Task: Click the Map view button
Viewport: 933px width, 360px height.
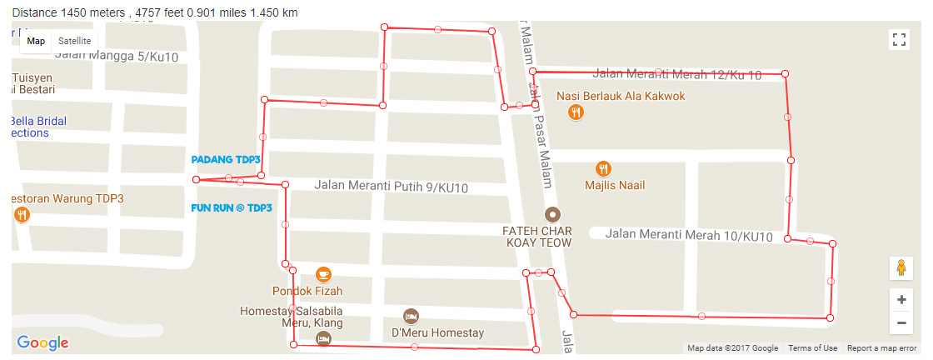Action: tap(36, 41)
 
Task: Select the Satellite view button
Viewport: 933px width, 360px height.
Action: tap(75, 41)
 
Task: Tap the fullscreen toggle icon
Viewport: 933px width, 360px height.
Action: tap(899, 39)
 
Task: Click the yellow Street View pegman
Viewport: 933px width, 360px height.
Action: tap(900, 268)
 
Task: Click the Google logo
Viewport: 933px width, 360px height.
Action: tap(42, 342)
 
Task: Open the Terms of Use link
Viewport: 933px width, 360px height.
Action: tap(812, 348)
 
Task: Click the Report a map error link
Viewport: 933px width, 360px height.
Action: tap(881, 348)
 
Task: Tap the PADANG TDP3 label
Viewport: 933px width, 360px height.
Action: tap(226, 159)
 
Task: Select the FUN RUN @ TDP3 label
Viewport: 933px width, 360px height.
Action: tap(232, 207)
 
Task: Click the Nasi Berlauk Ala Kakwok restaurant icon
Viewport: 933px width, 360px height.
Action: tap(575, 112)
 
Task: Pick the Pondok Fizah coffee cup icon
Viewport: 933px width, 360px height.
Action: tap(323, 273)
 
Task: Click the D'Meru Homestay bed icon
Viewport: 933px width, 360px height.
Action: tap(410, 316)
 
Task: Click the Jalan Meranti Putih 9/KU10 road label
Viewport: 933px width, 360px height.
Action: tap(391, 187)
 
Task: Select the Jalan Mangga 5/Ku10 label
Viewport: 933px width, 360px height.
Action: tap(117, 57)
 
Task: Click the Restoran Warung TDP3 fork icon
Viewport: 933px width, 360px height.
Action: tap(22, 214)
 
